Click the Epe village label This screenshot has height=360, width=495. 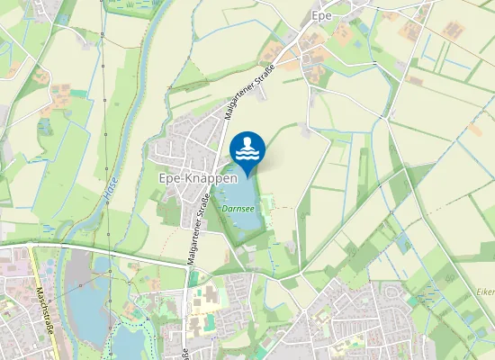coord(322,15)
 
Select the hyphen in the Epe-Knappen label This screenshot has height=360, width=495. coord(183,178)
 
